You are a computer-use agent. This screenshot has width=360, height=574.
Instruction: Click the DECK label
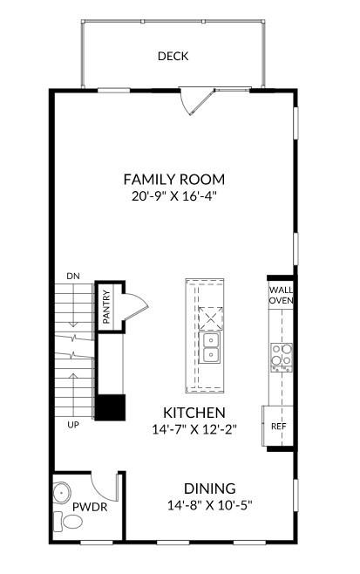click(x=173, y=57)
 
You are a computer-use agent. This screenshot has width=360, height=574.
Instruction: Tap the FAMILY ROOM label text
click(x=173, y=180)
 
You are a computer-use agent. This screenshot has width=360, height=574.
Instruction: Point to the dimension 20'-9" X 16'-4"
click(x=173, y=197)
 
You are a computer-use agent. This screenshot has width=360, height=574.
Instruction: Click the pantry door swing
click(x=133, y=306)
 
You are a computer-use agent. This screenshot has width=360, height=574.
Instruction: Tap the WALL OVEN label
click(x=281, y=296)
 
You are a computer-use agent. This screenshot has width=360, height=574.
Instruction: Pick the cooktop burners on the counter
click(x=281, y=355)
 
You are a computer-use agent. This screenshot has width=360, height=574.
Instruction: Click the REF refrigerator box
click(x=278, y=427)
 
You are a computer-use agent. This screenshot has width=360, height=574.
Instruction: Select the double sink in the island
click(x=209, y=346)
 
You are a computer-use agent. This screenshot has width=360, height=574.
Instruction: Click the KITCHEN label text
click(x=194, y=413)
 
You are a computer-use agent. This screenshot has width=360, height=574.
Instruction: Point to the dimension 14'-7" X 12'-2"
click(x=194, y=429)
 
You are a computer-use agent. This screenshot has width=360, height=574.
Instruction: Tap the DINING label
click(x=209, y=489)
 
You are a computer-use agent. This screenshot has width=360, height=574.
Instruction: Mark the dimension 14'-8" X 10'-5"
click(x=209, y=505)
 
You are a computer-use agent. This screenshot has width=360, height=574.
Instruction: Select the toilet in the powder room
click(x=70, y=522)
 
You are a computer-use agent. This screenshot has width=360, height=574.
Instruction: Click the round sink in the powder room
click(x=61, y=493)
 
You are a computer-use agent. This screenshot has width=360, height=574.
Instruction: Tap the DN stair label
click(x=72, y=277)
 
